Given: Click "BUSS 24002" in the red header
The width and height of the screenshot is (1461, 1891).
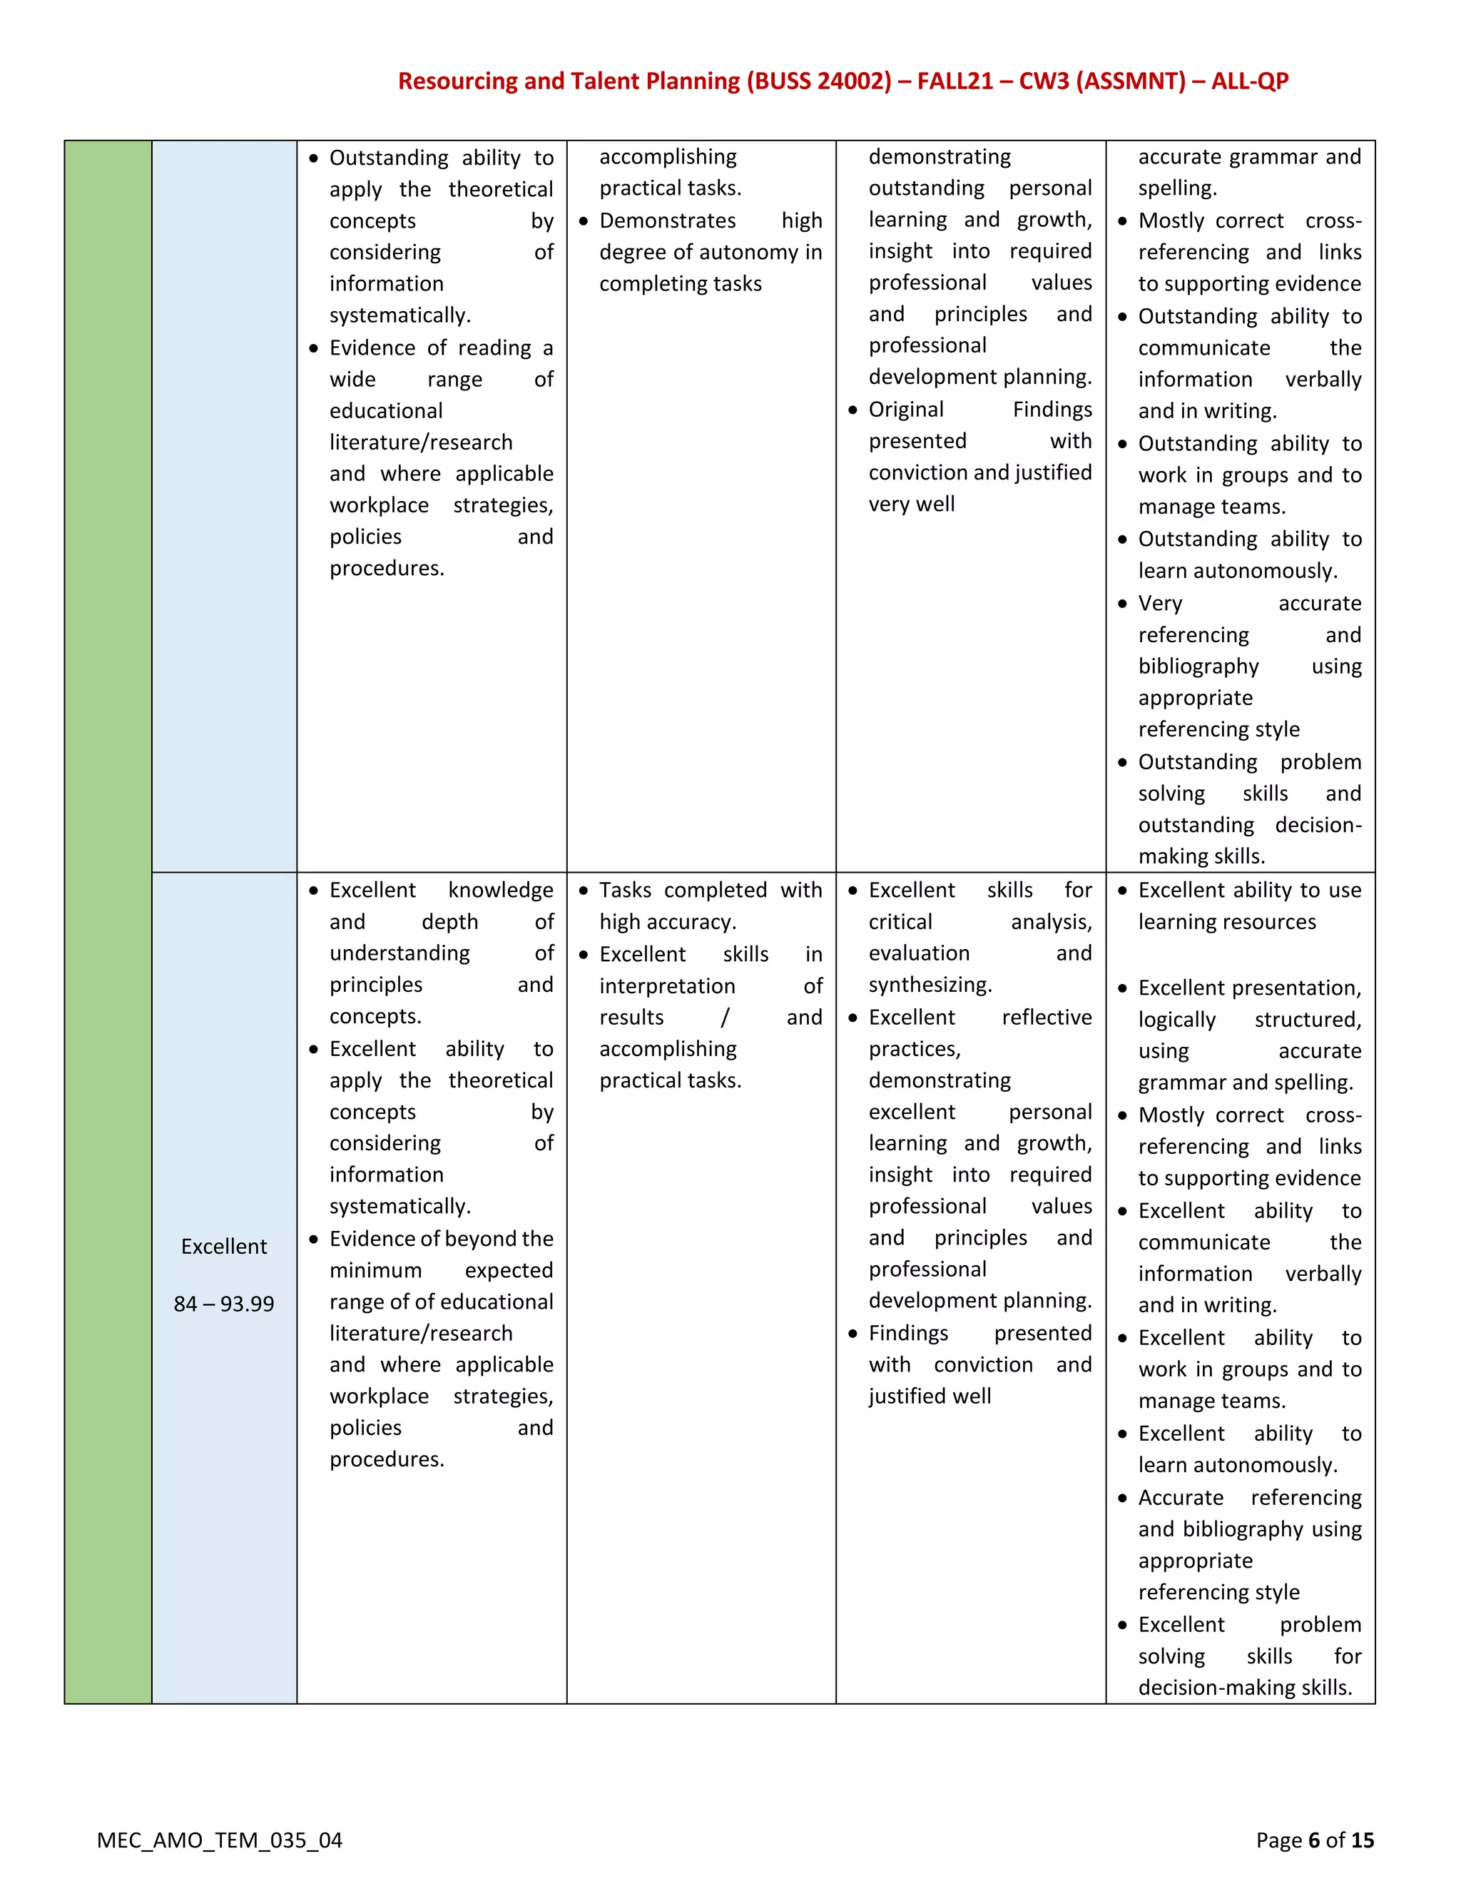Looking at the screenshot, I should (x=819, y=81).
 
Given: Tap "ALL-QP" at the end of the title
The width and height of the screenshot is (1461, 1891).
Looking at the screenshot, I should (x=1250, y=81).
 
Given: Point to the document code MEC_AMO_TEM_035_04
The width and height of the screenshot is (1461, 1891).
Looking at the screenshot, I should (x=219, y=1840).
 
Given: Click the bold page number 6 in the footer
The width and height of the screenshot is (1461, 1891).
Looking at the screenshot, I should (x=1314, y=1840).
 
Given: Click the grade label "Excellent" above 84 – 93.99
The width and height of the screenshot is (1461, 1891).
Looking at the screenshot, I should (x=224, y=1246).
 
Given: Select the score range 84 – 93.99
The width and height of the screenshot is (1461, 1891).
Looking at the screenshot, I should (x=224, y=1303).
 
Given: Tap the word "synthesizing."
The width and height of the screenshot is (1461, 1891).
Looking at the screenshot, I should (x=930, y=985).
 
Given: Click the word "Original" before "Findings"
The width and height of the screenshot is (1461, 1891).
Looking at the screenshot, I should (x=906, y=410).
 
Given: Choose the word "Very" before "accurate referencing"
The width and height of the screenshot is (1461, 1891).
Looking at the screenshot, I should (x=1160, y=604).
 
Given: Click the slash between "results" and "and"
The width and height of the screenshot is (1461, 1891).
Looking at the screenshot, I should (x=725, y=1018).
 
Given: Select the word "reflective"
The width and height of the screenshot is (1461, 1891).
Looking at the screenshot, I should (x=1047, y=1018).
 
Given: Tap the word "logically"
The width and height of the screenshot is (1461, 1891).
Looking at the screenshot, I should (x=1176, y=1020).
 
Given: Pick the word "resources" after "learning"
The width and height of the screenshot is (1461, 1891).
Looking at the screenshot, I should (x=1275, y=922).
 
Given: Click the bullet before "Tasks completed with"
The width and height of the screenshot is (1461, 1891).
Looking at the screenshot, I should (x=584, y=891).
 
